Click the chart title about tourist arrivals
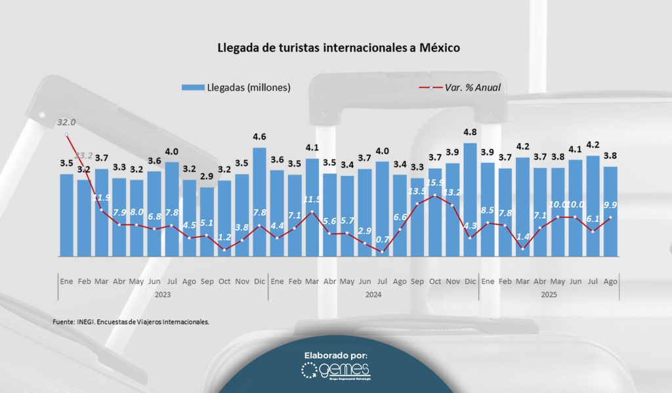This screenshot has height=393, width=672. click(x=339, y=48)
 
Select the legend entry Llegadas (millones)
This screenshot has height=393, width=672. click(x=236, y=87)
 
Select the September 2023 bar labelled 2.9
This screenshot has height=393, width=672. click(x=207, y=221)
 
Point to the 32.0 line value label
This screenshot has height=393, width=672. click(x=66, y=122)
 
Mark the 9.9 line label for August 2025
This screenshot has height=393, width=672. click(x=610, y=205)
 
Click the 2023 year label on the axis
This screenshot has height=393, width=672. click(x=163, y=295)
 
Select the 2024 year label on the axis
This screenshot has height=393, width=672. click(x=373, y=295)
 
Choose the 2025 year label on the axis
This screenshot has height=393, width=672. click(x=549, y=295)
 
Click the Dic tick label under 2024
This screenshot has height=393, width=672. click(x=470, y=281)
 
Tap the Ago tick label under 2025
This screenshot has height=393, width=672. click(x=610, y=281)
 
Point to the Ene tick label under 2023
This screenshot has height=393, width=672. click(x=66, y=281)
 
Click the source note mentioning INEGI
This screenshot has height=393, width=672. click(x=131, y=322)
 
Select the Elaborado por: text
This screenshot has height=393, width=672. click(x=335, y=355)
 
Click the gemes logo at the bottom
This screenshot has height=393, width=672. click(x=335, y=372)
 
